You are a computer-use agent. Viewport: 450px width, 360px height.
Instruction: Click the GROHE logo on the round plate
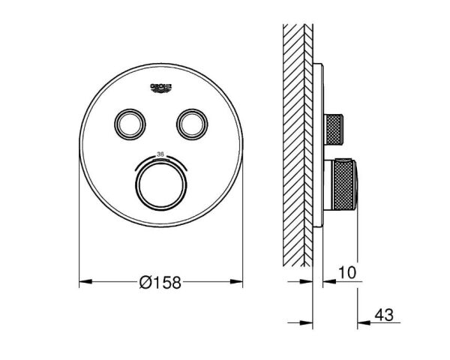click(162, 88)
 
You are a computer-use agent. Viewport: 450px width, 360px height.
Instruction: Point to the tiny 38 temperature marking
click(159, 154)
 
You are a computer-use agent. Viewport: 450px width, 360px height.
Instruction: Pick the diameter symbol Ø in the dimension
click(145, 283)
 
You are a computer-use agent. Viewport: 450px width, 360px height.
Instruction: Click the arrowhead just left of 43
click(361, 323)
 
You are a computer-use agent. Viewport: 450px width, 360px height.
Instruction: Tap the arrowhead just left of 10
click(328, 283)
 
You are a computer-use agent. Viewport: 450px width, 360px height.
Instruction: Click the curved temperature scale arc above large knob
click(160, 159)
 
